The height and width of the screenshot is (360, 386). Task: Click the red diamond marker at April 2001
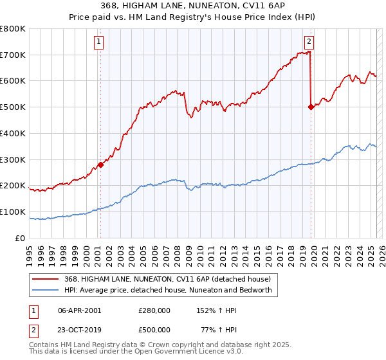[x=100, y=165]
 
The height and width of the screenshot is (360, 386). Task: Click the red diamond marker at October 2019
[x=311, y=107]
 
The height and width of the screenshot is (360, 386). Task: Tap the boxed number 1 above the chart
[x=99, y=42]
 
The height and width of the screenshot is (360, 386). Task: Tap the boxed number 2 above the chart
[x=309, y=42]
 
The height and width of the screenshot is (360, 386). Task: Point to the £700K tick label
[x=13, y=55]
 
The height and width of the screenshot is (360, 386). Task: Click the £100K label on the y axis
[x=13, y=212]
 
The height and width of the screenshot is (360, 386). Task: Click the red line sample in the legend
[x=46, y=278]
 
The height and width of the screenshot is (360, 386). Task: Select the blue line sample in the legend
[x=46, y=290]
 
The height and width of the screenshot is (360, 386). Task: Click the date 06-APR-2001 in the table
[x=79, y=310]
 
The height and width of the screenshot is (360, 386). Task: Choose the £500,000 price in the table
[x=154, y=330]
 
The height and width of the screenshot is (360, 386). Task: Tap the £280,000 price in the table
[x=154, y=310]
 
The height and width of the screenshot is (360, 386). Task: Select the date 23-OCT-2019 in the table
[x=80, y=330]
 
